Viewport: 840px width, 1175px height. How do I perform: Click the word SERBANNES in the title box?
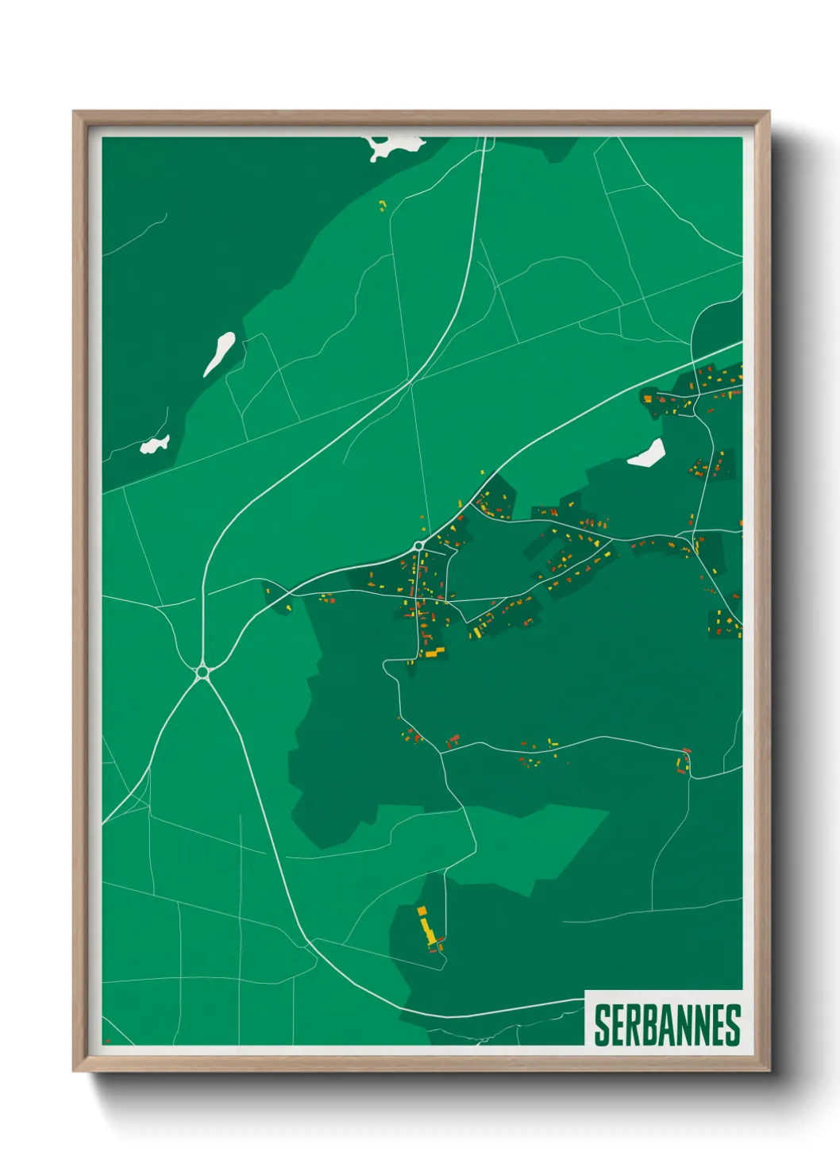pos(667,1025)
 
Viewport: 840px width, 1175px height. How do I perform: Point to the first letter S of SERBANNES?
pos(602,1025)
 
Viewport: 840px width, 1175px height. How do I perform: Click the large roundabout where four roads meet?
pos(202,672)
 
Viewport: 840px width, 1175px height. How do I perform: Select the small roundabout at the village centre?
pos(418,546)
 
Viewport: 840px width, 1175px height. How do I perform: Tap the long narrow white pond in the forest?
pos(219,353)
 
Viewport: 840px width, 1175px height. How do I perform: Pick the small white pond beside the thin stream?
pos(155,445)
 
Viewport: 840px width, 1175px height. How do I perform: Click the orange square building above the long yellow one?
pos(422,911)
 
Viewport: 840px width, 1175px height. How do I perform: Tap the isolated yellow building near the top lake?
pos(382,206)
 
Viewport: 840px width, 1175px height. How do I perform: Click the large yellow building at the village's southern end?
pos(434,653)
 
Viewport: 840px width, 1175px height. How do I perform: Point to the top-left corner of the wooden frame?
pos(75,113)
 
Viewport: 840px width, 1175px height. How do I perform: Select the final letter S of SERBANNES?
pos(733,1025)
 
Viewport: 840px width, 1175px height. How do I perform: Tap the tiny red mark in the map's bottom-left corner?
pos(107,1041)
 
